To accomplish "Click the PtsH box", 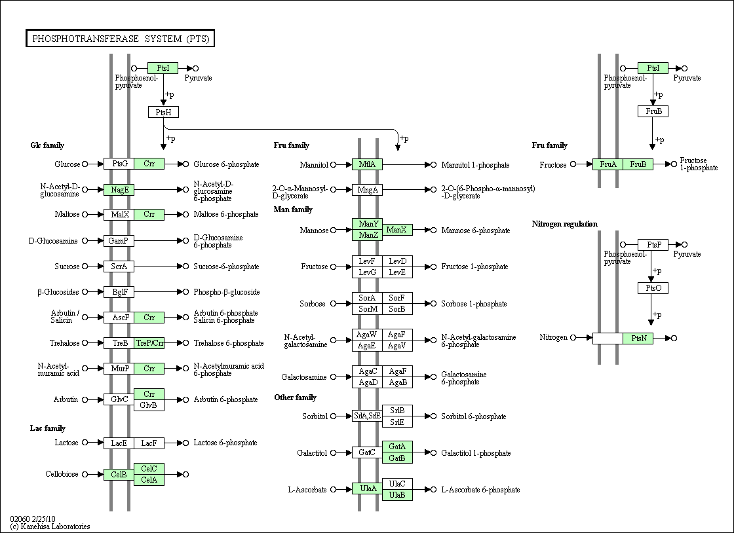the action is click(163, 112).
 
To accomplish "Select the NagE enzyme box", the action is click(119, 190).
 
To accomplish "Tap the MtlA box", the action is click(367, 164).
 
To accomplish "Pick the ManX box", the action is click(397, 230).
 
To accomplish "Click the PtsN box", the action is click(638, 338).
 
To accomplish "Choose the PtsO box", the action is click(653, 288).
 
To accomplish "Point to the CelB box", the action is click(119, 475).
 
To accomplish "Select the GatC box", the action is click(367, 452).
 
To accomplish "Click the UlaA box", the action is click(367, 488).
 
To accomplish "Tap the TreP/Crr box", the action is click(149, 343).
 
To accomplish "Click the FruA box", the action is click(608, 164).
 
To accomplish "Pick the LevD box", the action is click(397, 261).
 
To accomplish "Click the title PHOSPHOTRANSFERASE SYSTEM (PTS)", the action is click(121, 39).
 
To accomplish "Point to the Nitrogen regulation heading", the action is click(564, 224).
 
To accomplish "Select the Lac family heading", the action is click(48, 428).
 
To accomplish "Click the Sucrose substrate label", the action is click(67, 266).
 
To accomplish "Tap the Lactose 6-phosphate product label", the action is click(225, 443).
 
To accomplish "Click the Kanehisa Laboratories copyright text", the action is click(50, 526).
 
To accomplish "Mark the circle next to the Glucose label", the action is click(85, 164).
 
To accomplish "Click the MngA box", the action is click(367, 190).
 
